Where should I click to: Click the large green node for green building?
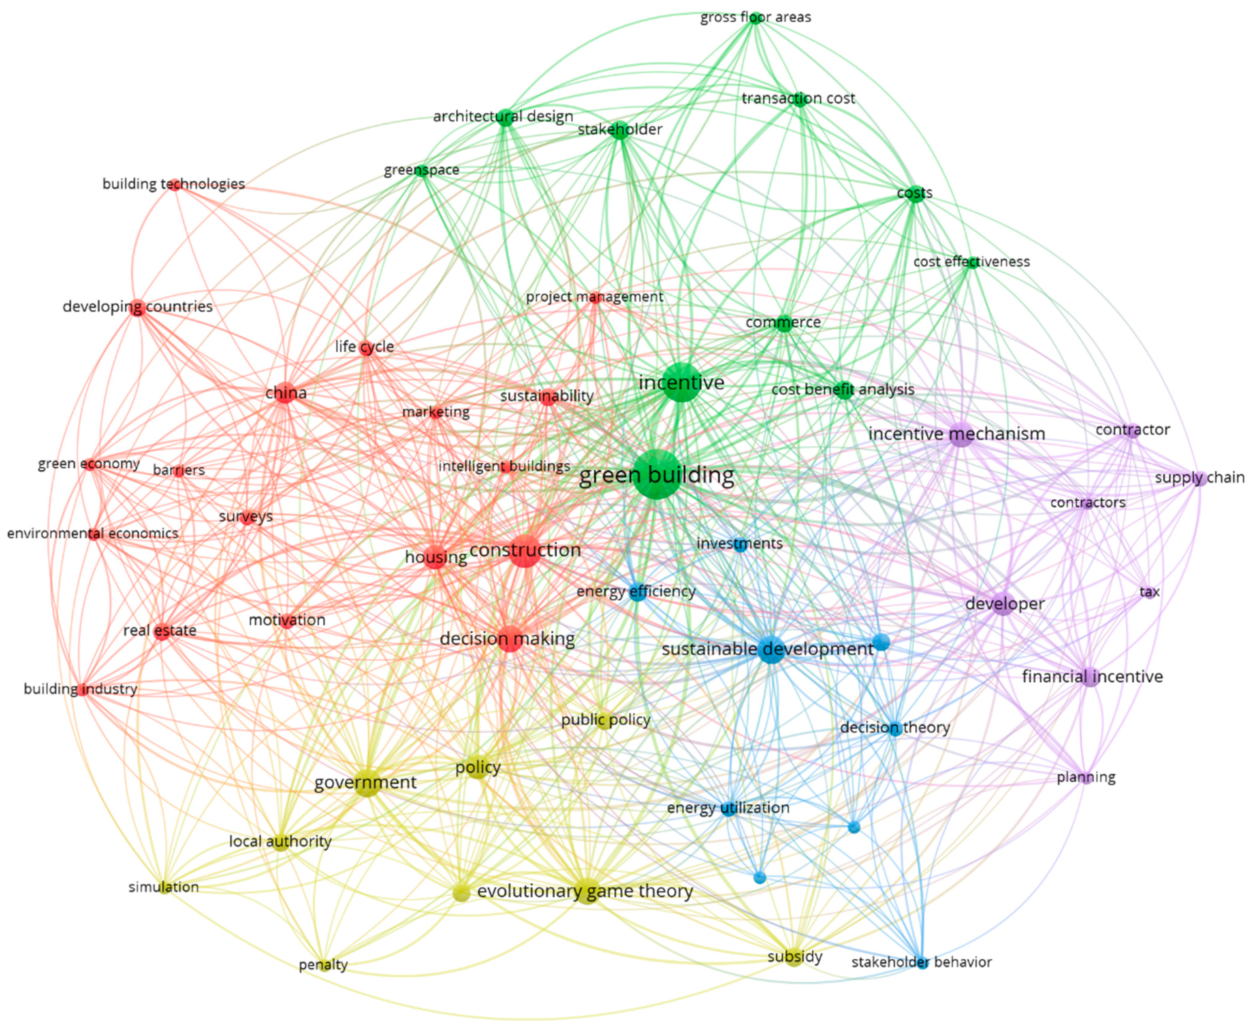(656, 474)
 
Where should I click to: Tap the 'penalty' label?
(323, 964)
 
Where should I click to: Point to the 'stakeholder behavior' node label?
(922, 962)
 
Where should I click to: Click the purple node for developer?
(1003, 605)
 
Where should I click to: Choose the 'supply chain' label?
(1200, 477)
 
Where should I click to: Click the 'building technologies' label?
(173, 184)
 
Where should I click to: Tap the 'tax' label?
(1150, 592)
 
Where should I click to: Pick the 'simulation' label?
(163, 887)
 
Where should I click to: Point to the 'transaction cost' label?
(798, 98)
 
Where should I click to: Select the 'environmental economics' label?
(93, 533)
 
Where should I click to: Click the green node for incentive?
(681, 382)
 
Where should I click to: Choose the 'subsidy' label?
(795, 957)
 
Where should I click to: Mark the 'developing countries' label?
(138, 307)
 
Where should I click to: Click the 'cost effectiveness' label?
(971, 262)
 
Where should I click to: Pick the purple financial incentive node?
(1091, 678)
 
